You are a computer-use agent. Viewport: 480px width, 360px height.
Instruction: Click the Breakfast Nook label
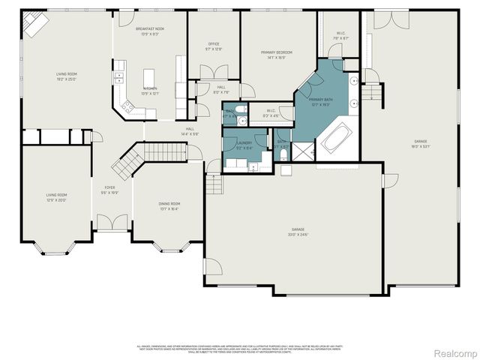coord(150,28)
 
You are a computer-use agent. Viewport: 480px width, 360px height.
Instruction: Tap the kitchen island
coord(148,78)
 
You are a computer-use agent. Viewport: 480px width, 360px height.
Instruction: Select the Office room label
coord(213,44)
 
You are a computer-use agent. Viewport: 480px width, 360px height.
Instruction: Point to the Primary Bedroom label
coord(277,52)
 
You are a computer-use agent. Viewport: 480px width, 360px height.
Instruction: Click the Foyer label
coord(109,188)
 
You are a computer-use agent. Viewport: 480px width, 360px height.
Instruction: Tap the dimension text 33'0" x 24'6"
coord(300,233)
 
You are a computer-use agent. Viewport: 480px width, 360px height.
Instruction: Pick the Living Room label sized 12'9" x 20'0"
coord(56,197)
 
